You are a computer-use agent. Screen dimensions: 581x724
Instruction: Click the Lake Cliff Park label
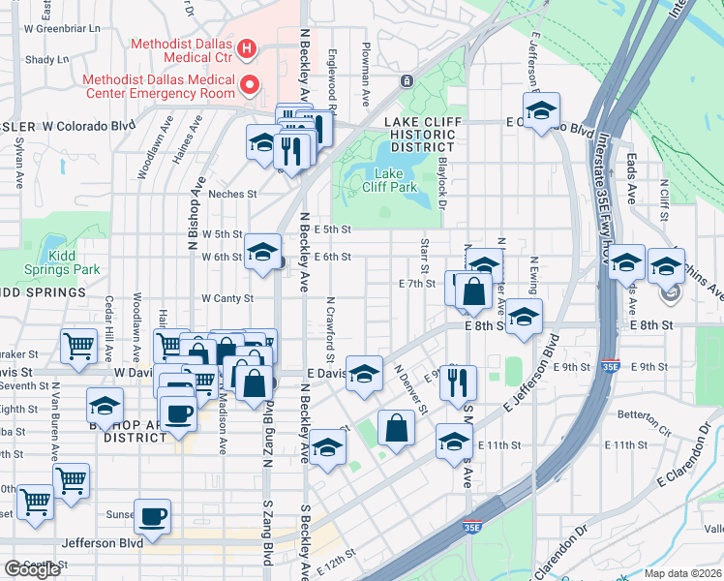[x=389, y=178]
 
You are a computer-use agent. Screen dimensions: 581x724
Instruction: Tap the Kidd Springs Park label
[x=74, y=261]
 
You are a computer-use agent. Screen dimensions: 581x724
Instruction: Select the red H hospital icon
[x=247, y=47]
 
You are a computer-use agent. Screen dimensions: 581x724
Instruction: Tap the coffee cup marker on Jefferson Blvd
[x=152, y=515]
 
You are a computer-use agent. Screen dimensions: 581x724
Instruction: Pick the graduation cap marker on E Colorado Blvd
[x=541, y=108]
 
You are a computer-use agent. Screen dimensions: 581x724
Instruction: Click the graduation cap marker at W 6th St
[x=260, y=252]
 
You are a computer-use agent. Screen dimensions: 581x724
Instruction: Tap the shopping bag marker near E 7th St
[x=473, y=290]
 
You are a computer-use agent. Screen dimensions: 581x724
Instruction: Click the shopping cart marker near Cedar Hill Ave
[x=77, y=345]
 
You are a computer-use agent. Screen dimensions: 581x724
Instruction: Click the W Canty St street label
[x=226, y=298]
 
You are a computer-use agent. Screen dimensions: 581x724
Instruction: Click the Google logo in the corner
[x=32, y=569]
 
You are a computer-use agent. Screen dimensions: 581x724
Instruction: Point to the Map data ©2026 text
[x=682, y=573]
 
